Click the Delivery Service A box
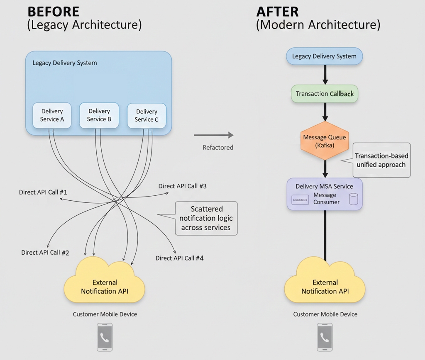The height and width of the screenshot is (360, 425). click(52, 116)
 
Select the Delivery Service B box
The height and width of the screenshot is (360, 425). click(99, 115)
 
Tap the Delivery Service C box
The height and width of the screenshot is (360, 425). click(147, 116)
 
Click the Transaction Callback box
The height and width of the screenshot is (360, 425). click(325, 94)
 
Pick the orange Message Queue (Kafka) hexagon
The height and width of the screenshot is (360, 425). click(325, 141)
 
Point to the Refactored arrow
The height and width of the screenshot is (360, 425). click(214, 135)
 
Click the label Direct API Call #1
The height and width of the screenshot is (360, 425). click(43, 192)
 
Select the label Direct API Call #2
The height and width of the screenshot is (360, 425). click(45, 253)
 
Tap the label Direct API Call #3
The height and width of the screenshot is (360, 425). click(182, 186)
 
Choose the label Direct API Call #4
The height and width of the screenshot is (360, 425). click(179, 258)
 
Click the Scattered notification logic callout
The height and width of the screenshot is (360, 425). click(206, 219)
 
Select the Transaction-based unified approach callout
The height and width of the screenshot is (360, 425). click(381, 160)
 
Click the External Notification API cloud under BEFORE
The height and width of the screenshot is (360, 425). click(105, 282)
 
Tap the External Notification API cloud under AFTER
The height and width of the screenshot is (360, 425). click(325, 282)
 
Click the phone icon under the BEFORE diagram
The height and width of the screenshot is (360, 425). click(105, 337)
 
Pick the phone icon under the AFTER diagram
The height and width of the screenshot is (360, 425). click(325, 337)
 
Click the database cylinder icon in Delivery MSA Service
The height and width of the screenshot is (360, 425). click(353, 199)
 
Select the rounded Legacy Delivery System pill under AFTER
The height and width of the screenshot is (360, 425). click(324, 56)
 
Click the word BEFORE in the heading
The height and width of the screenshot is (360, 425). click(53, 11)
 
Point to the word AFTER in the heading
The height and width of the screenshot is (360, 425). click(278, 11)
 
